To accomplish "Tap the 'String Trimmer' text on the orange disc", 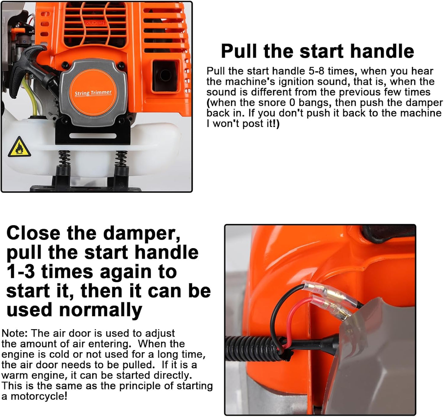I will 93,93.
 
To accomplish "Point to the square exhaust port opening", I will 165,76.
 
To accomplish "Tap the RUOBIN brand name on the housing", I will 95,23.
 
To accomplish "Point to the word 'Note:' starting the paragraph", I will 15,333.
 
